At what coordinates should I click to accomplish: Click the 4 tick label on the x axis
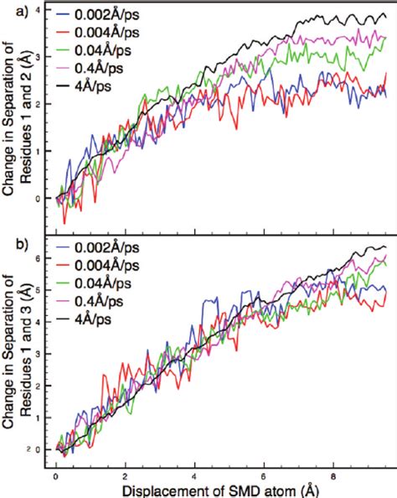tap(195, 472)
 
